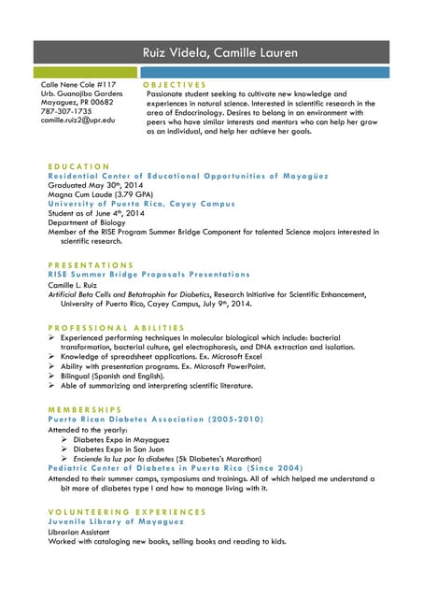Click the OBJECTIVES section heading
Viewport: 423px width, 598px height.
(180, 84)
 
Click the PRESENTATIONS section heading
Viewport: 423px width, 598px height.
(91, 265)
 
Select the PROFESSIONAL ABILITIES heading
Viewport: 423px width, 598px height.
(116, 327)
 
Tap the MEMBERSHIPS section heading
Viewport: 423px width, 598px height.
(85, 409)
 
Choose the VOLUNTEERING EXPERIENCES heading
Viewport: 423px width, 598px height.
(127, 512)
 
